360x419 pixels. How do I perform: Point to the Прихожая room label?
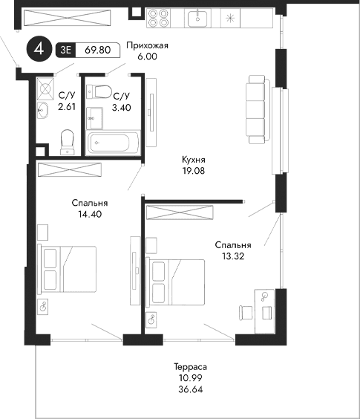point(148,45)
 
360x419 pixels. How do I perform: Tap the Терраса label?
point(190,368)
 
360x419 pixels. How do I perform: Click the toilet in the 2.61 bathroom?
point(68,140)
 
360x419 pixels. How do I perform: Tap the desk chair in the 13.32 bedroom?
point(244,311)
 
